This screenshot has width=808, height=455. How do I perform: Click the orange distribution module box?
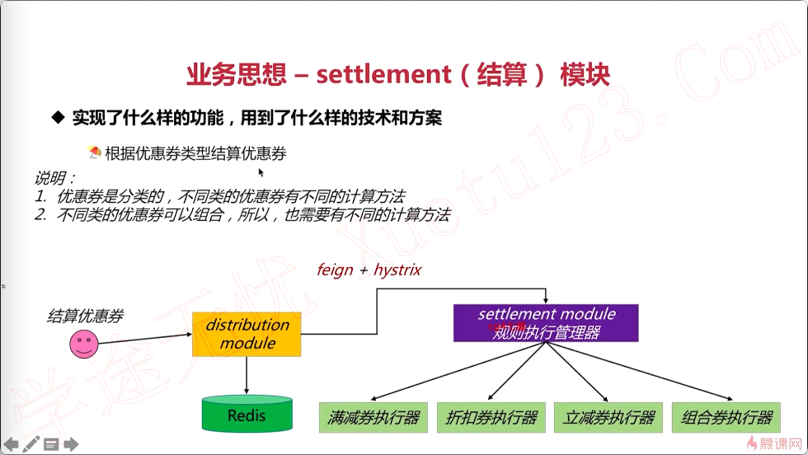pyautogui.click(x=247, y=334)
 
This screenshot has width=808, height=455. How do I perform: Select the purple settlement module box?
pyautogui.click(x=546, y=322)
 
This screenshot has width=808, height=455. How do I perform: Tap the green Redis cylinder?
pyautogui.click(x=247, y=414)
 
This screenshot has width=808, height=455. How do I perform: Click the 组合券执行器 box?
pyautogui.click(x=726, y=417)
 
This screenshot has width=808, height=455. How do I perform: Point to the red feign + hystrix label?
pyautogui.click(x=369, y=270)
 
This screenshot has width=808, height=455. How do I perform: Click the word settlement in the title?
pyautogui.click(x=378, y=75)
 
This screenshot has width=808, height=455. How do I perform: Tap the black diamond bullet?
pyautogui.click(x=58, y=118)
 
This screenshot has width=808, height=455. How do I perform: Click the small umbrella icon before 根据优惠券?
pyautogui.click(x=94, y=152)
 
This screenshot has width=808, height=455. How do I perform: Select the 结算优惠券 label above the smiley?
pyautogui.click(x=86, y=315)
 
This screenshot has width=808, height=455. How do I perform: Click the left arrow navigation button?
pyautogui.click(x=12, y=444)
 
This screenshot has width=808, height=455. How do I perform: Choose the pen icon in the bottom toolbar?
pyautogui.click(x=31, y=444)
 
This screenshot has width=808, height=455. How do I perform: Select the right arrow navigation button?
pyautogui.click(x=71, y=444)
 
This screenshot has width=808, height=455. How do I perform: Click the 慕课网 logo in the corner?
pyautogui.click(x=773, y=443)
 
